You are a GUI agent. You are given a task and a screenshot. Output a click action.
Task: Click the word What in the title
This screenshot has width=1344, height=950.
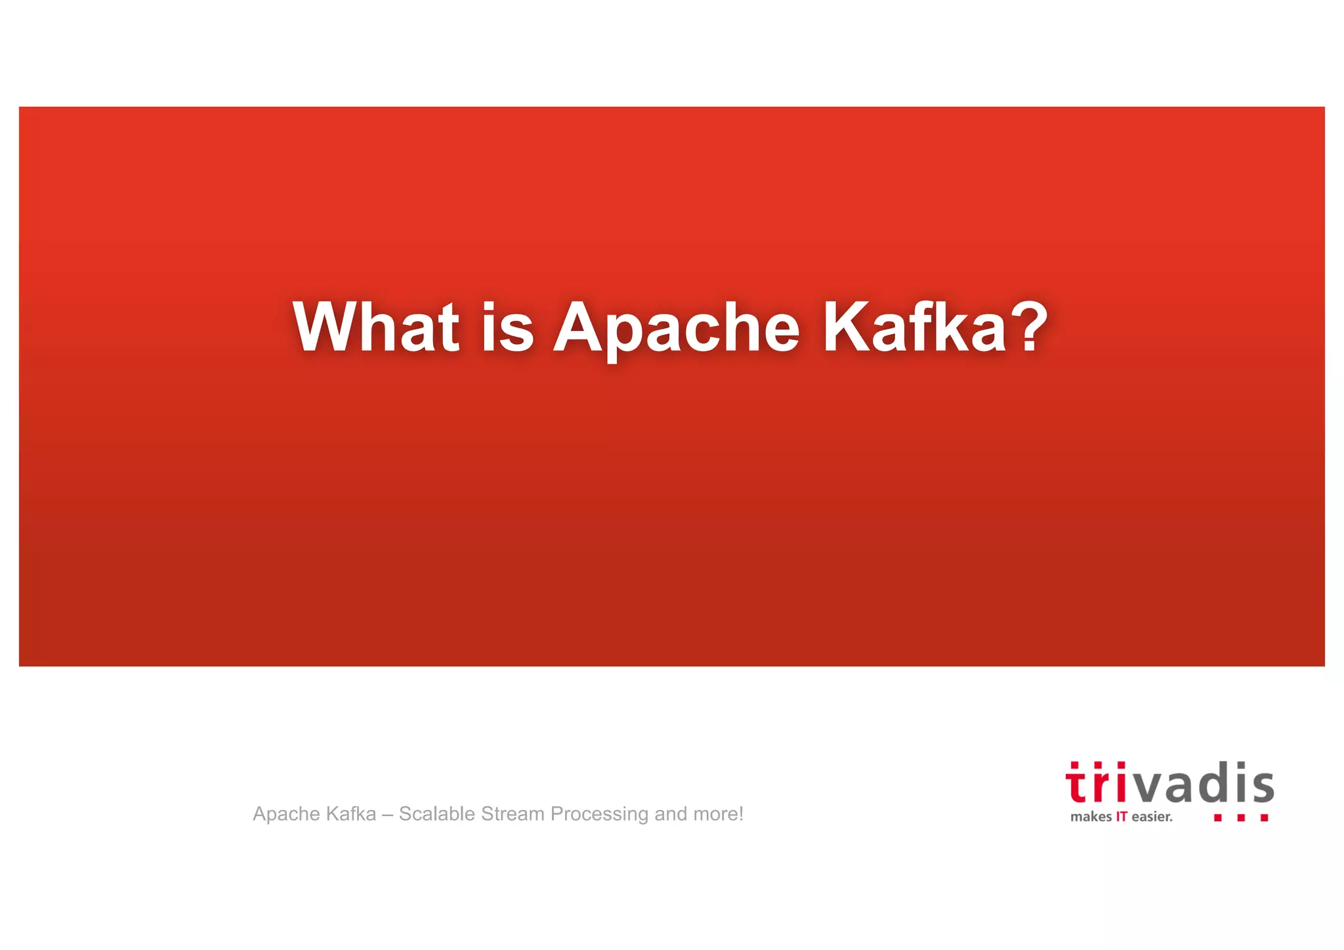(376, 327)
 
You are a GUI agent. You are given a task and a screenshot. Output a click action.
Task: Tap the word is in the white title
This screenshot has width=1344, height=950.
(507, 327)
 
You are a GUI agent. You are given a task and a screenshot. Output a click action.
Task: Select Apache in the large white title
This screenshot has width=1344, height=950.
(677, 327)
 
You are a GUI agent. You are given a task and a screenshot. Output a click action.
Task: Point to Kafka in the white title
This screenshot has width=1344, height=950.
(915, 327)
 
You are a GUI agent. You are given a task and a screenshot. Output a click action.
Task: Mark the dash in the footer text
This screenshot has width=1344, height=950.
(387, 814)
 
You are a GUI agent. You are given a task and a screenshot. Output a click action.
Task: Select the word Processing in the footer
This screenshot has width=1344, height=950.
(599, 815)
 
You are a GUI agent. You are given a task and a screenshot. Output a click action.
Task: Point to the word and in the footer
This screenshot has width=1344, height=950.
(670, 814)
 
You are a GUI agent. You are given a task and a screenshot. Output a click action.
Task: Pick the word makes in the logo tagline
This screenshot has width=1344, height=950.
(1091, 817)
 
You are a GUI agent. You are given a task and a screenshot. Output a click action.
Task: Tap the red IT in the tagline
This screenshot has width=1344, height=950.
(1122, 817)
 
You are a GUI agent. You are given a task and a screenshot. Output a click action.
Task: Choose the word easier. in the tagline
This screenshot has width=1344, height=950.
(1152, 817)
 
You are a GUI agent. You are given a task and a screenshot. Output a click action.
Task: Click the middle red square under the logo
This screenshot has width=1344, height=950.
(1240, 818)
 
